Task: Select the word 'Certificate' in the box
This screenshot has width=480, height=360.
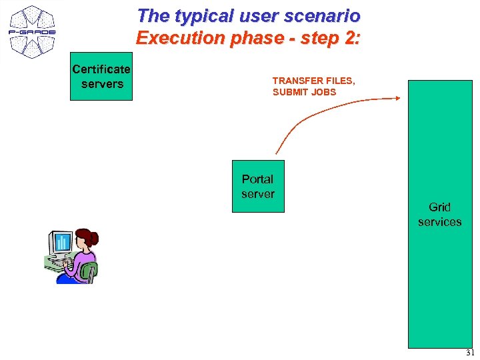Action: [101, 69]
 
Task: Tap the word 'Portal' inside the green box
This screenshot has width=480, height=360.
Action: [258, 179]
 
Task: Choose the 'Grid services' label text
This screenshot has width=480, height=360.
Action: [439, 215]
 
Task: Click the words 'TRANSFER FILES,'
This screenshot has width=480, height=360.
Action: [313, 81]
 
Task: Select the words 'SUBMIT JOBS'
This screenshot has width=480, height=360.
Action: [304, 92]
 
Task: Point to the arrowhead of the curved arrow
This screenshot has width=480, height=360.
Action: [397, 99]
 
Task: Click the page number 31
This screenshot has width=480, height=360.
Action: [470, 353]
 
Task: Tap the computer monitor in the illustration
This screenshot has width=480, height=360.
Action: [61, 243]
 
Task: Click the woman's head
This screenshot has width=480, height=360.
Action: [86, 238]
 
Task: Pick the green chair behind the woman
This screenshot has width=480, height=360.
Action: [89, 271]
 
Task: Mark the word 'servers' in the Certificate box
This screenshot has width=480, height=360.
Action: [102, 84]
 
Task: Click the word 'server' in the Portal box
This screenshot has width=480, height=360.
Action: [258, 194]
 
